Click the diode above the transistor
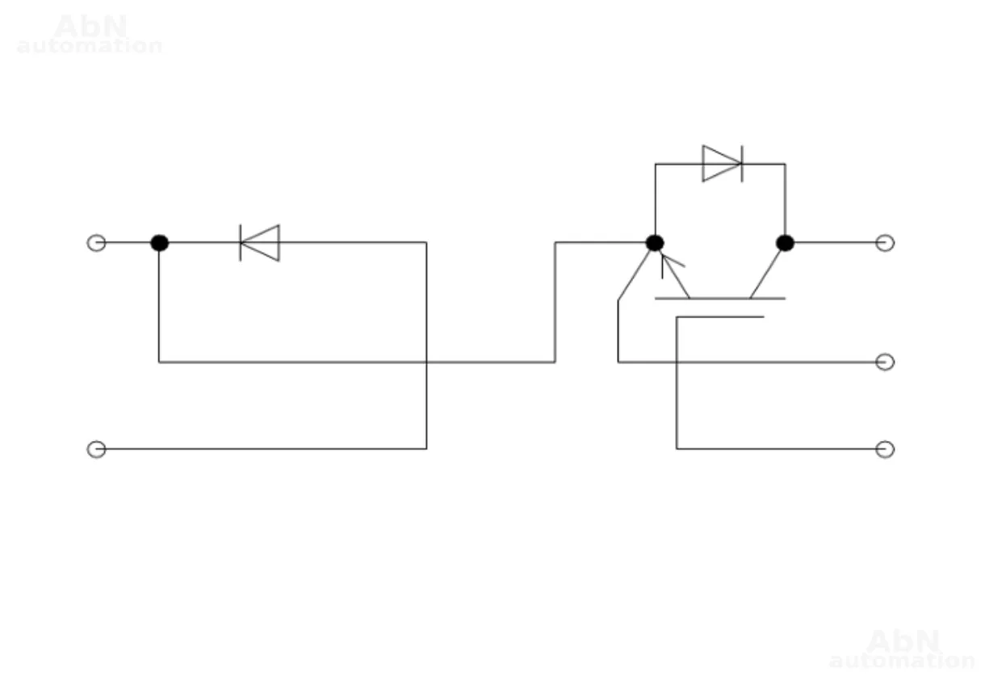722,164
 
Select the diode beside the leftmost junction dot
260,242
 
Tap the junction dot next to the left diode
159,242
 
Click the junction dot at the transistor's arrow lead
655,242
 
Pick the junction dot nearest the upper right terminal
785,242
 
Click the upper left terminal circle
96,242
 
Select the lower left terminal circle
96,449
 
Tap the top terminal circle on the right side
885,242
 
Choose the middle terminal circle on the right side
885,362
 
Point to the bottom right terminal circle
885,449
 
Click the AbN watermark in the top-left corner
90,35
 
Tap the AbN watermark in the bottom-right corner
902,650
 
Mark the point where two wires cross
426,362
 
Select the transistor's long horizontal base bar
719,298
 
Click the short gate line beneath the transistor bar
719,317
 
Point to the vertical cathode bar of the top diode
741,164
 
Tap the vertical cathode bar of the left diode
241,242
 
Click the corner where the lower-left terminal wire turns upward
426,448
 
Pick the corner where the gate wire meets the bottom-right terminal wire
677,448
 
